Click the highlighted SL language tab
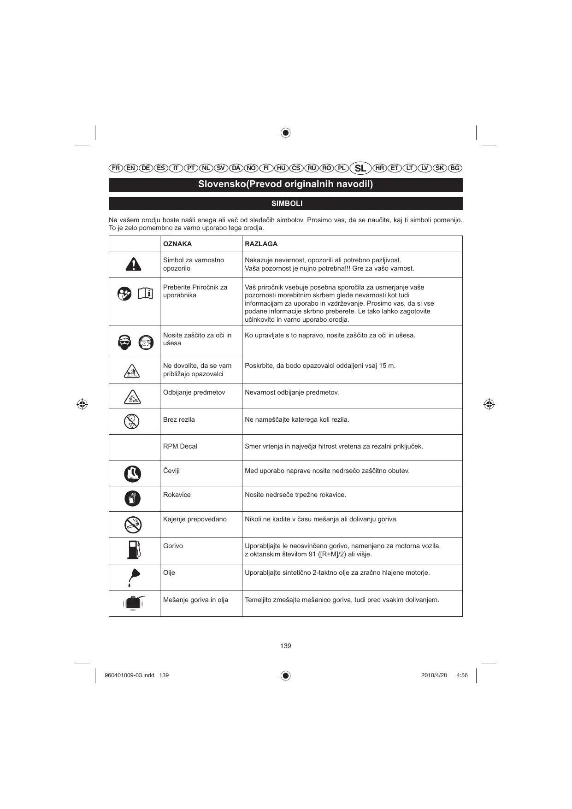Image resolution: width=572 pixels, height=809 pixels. pos(360,168)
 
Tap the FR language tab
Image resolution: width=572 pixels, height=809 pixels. pos(116,168)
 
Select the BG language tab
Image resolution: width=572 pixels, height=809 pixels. pos(455,168)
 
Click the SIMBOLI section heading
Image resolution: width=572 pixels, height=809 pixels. pos(286,204)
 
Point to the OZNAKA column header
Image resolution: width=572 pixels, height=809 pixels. pos(177,244)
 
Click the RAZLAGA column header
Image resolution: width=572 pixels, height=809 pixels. pos(261,244)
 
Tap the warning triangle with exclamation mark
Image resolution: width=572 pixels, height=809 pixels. pos(133,264)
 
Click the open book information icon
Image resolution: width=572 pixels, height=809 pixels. pos(145,293)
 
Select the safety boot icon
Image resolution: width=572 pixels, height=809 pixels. pos(133,474)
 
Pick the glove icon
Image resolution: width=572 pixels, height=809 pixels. pos(133,498)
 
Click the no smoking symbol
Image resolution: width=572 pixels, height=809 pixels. pos(133,525)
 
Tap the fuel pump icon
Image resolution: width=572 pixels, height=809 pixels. pos(134,549)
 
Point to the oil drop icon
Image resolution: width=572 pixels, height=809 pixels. pos(133,577)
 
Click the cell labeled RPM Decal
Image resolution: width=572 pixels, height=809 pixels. pos(180,446)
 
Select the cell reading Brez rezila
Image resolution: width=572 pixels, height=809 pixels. pos(179,419)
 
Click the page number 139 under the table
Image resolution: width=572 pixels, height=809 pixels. pos(286,646)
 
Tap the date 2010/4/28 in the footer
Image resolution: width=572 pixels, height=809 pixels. pos(434,675)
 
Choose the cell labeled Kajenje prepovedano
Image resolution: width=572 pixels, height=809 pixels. pos(195,519)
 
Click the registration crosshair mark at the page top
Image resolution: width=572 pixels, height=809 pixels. pos(286,133)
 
